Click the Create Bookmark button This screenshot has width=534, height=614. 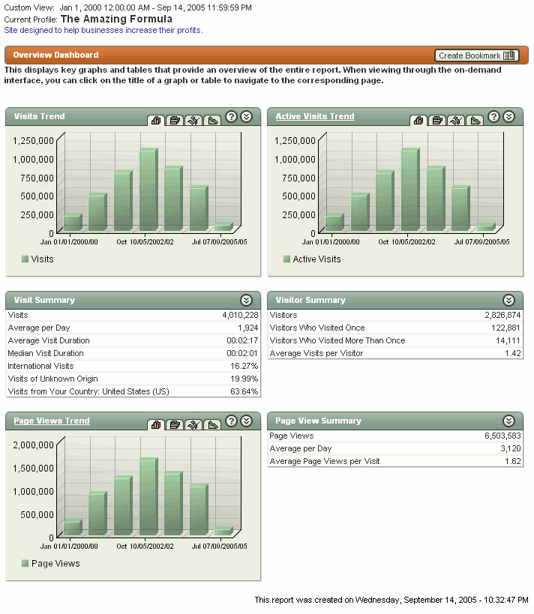(x=476, y=55)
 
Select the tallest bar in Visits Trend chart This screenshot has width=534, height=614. (x=148, y=190)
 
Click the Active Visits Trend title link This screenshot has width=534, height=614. (x=315, y=116)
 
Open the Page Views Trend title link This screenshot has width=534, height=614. (x=52, y=421)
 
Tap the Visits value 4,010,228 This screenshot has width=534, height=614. (x=240, y=316)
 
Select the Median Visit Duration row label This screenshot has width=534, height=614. (x=46, y=353)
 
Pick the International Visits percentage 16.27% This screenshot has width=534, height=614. (x=244, y=366)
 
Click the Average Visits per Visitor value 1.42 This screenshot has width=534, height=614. (x=513, y=353)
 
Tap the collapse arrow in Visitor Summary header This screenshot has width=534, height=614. (x=509, y=300)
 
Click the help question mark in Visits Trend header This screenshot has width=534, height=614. (x=232, y=116)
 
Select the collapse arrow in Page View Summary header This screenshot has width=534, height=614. (x=509, y=421)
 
